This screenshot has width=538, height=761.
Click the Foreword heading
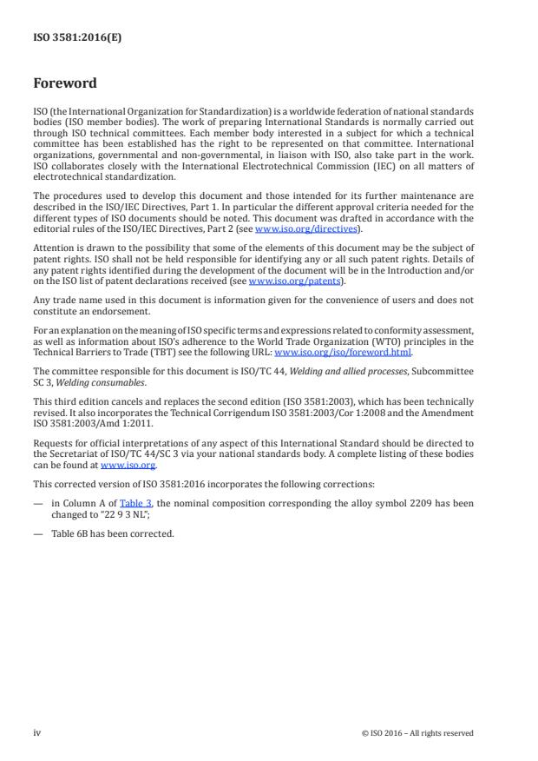[x=65, y=84]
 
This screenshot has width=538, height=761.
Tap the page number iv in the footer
[x=37, y=732]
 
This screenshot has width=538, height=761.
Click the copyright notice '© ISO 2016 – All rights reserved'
[x=417, y=733]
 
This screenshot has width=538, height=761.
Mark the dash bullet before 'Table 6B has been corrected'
[x=38, y=533]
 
